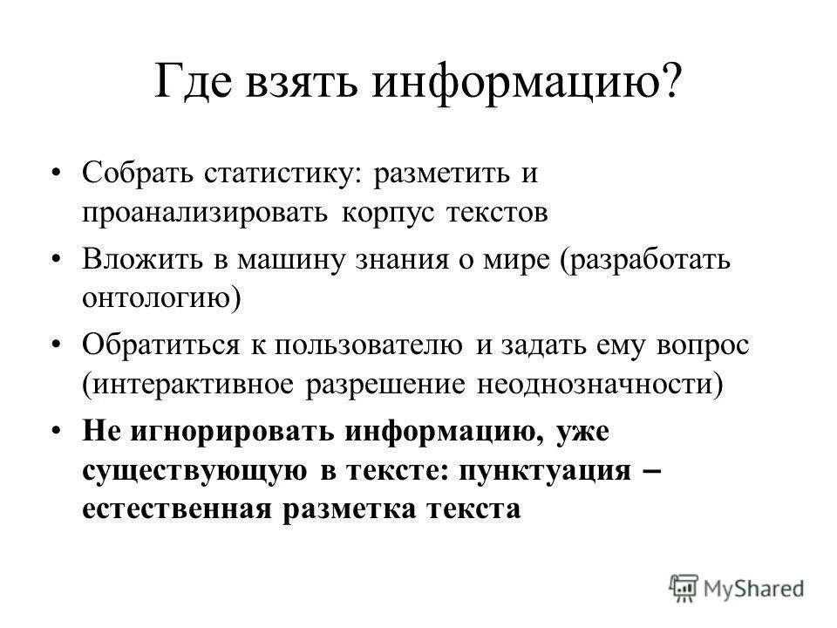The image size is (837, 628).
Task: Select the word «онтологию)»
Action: click(x=162, y=298)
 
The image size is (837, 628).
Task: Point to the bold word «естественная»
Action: click(x=174, y=509)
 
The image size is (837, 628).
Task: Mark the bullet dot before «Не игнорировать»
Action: click(x=58, y=431)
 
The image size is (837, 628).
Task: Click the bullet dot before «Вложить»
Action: click(x=58, y=259)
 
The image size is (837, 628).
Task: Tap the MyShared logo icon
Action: click(x=685, y=587)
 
